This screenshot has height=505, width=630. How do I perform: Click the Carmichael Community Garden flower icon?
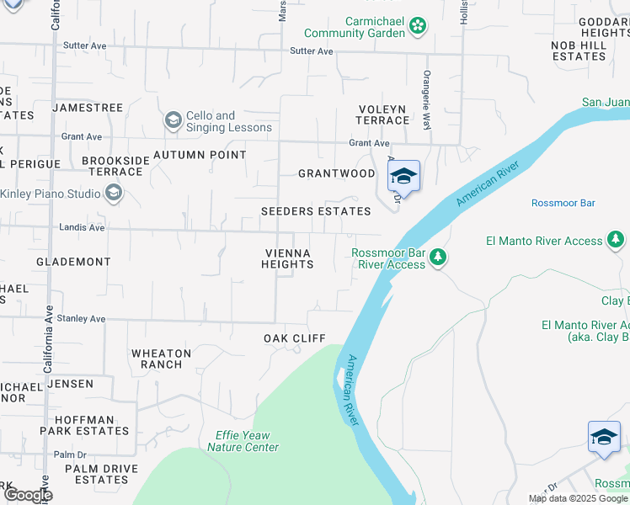pos(418,27)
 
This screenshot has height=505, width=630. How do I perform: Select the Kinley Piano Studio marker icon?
pos(114,194)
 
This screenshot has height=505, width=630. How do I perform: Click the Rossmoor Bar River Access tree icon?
pos(437,257)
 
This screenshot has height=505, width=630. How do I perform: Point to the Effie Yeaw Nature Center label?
pos(243,441)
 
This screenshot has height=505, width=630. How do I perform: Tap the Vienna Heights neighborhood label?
pos(287,258)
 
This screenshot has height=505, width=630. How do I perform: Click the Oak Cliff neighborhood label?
pos(294,338)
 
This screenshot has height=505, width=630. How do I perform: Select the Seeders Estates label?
pos(316,211)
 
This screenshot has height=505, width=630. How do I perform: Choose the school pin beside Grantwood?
pos(404,177)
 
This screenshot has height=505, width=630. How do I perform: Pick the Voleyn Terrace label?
pos(382,114)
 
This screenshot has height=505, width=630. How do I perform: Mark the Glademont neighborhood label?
pos(73,262)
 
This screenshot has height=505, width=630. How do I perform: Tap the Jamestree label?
pos(88,108)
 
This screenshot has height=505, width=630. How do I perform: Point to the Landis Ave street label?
pos(83,227)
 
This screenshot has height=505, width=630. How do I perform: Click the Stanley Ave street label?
pos(83,319)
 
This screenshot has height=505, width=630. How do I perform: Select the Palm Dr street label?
pos(70,454)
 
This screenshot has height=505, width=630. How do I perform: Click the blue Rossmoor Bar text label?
pos(563,204)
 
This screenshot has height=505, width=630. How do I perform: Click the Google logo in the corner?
pos(27,494)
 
